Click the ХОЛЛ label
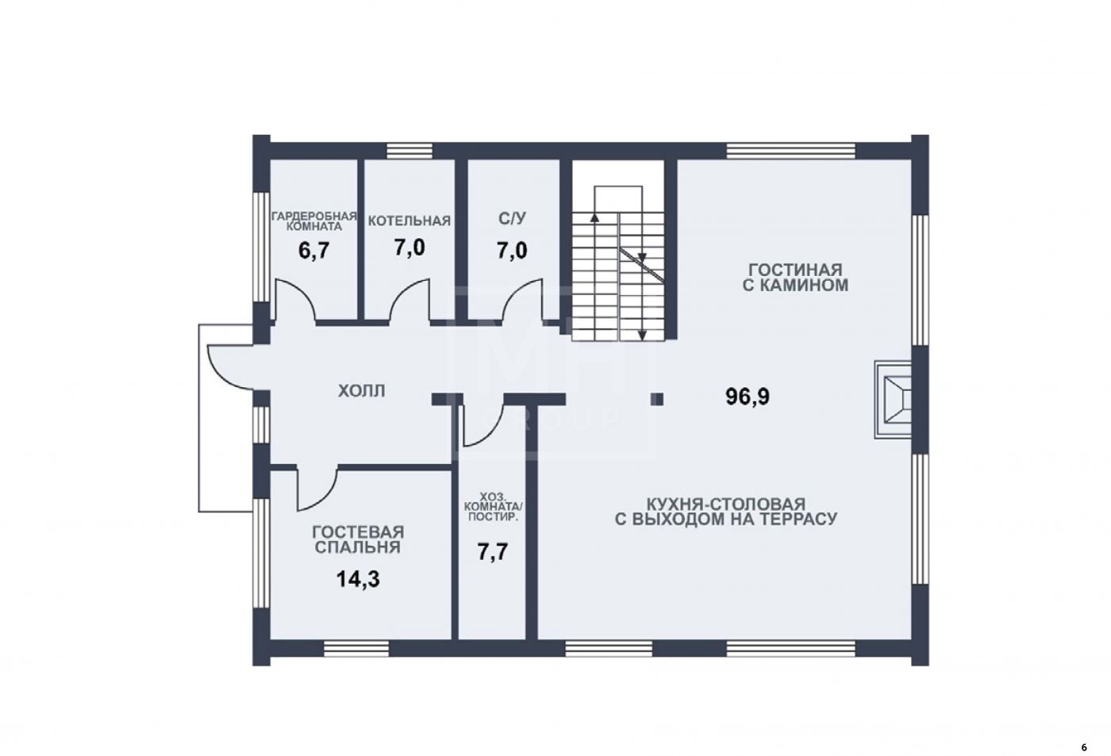coord(361,391)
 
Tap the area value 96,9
coord(748,397)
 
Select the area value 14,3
coord(358,578)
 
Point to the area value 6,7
coord(313,251)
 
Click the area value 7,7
coord(493,552)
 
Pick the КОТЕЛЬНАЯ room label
coord(409,221)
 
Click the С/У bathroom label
coord(513,218)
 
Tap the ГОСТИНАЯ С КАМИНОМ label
coord(795,278)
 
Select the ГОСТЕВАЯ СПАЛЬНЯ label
coord(358,540)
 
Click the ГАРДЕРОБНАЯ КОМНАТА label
coord(314,221)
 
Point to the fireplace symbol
coord(894,400)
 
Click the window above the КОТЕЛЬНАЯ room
coord(409,151)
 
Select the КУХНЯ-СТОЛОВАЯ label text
coord(726,512)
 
